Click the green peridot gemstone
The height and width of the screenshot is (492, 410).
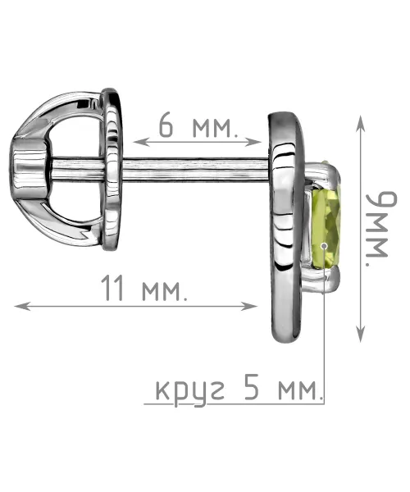326,230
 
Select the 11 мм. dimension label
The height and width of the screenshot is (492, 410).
144,289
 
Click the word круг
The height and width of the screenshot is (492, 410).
190,392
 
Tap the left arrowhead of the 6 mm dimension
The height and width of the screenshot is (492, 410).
139,142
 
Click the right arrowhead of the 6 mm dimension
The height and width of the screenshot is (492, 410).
254,142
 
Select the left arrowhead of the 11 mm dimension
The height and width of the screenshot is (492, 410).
22,306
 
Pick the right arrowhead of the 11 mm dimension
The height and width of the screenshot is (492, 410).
249,306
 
